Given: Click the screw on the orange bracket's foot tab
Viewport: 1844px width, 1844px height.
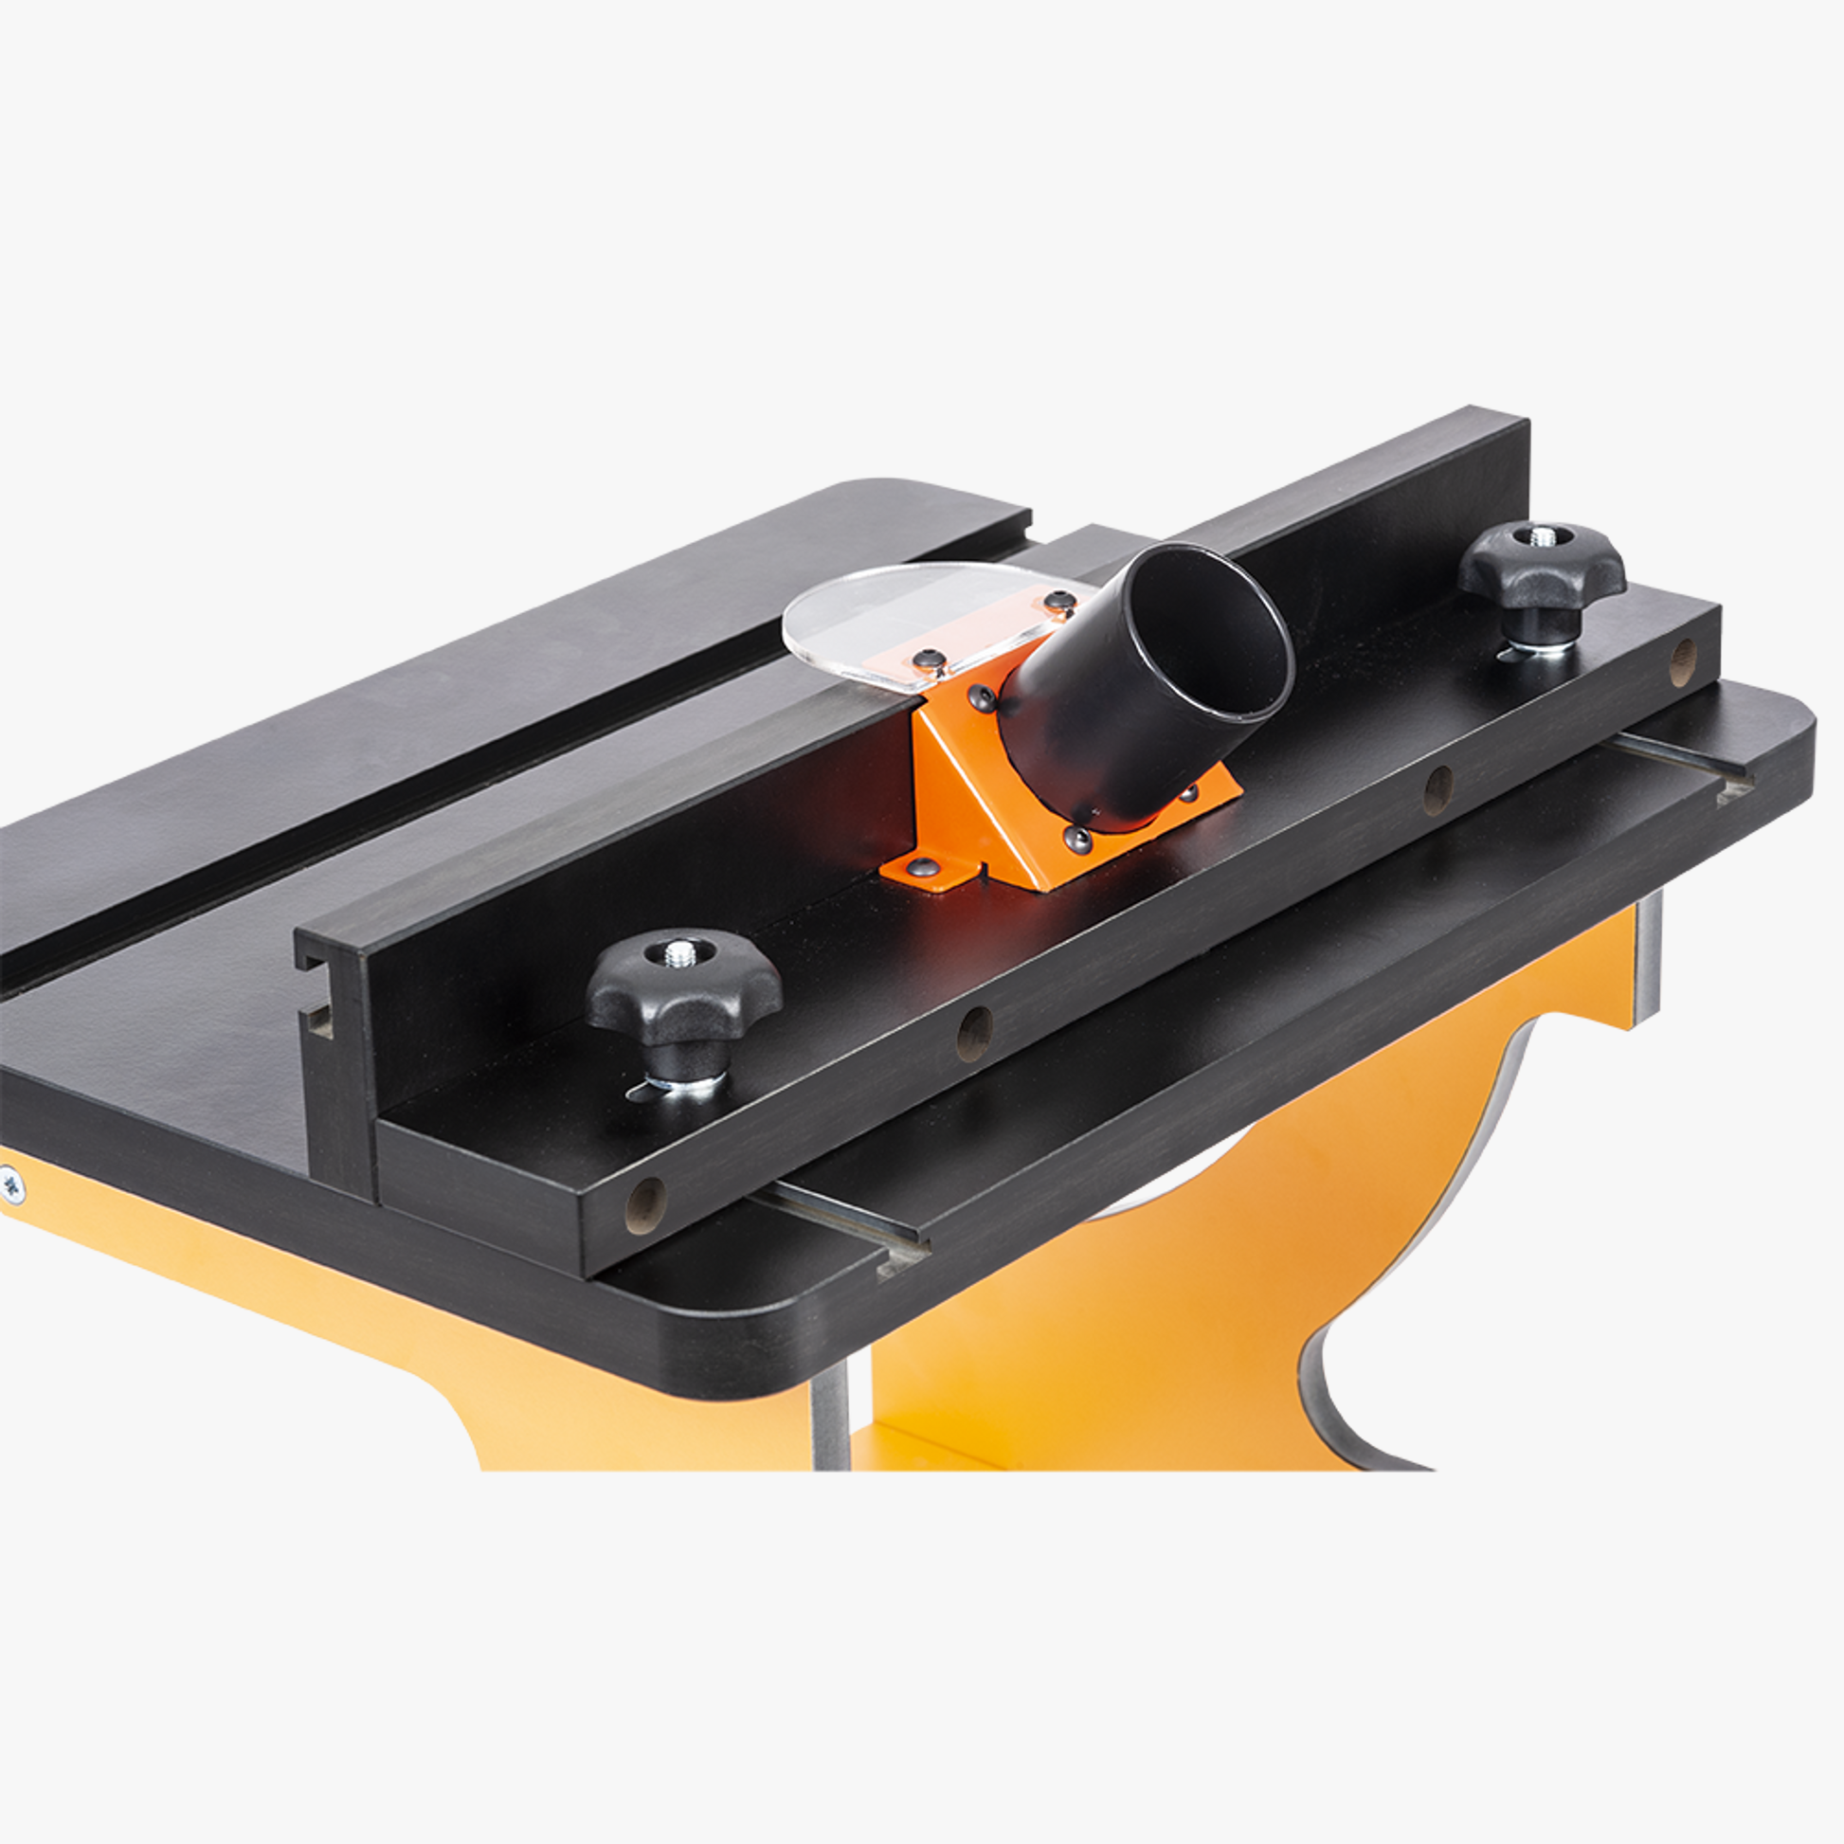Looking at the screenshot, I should (922, 867).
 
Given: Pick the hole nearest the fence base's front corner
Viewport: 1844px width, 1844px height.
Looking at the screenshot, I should (645, 1205).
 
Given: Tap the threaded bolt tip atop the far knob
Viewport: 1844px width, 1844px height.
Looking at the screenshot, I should (1539, 536).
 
